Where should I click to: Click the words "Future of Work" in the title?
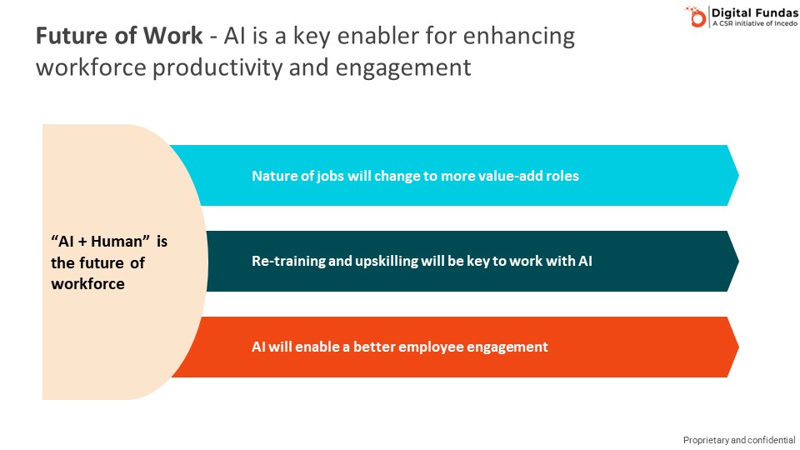pyautogui.click(x=119, y=36)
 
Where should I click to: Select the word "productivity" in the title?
pyautogui.click(x=217, y=67)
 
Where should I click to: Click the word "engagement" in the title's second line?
pyautogui.click(x=403, y=68)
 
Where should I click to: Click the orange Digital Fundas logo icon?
pyautogui.click(x=695, y=17)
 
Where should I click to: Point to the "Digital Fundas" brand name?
pyautogui.click(x=755, y=12)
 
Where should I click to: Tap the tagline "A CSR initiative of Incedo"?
pyautogui.click(x=755, y=23)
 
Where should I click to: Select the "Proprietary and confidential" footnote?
pyautogui.click(x=739, y=440)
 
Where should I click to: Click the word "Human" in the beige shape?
pyautogui.click(x=116, y=241)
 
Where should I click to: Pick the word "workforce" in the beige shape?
pyautogui.click(x=87, y=283)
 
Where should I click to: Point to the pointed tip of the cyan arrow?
pyautogui.click(x=739, y=176)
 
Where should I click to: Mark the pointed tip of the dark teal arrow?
pyautogui.click(x=739, y=261)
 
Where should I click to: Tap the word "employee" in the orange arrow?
pyautogui.click(x=431, y=347)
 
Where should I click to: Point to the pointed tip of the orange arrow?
pyautogui.click(x=739, y=347)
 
